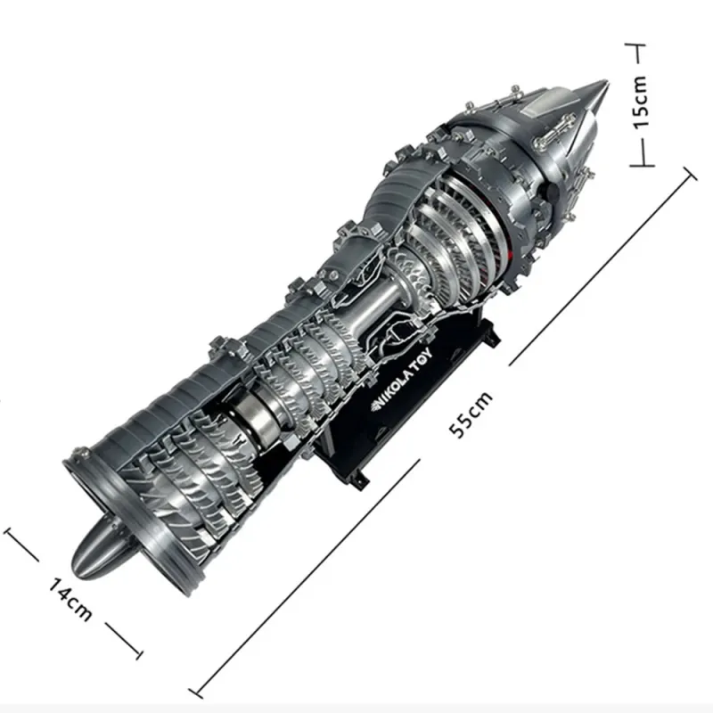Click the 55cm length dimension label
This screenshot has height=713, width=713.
coord(471,414)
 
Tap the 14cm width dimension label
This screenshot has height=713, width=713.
coord(70,599)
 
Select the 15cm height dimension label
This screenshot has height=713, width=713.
coord(640,102)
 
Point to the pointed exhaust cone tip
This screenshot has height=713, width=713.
coord(607,82)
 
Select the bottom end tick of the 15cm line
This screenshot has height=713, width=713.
coord(642,165)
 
